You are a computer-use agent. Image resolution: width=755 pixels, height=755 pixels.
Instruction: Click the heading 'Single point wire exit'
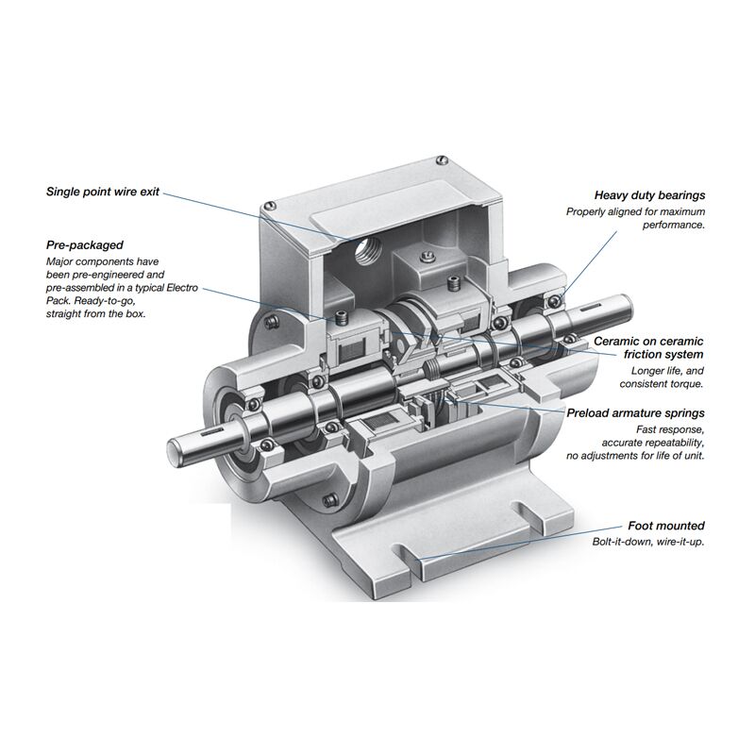(x=103, y=192)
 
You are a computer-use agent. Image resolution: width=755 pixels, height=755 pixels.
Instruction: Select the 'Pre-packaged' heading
(x=85, y=245)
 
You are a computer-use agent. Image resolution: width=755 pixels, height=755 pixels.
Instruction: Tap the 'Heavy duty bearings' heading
(x=649, y=195)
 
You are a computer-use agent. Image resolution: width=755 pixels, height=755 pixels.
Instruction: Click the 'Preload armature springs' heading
(x=635, y=413)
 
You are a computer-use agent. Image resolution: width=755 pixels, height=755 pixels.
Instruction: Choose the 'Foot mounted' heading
(x=666, y=526)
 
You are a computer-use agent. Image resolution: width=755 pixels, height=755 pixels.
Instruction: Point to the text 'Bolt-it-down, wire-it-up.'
(x=648, y=542)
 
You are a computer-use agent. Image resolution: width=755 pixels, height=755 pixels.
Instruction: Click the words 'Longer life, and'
(x=667, y=371)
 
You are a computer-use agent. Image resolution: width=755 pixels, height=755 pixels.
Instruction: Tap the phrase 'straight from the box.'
(x=95, y=314)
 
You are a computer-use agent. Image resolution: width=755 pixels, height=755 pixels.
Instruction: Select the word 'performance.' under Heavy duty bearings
(x=674, y=225)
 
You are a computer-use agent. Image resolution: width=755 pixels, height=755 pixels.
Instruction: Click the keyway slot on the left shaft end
(x=210, y=434)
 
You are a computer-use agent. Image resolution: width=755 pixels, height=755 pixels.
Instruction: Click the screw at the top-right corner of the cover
(x=441, y=159)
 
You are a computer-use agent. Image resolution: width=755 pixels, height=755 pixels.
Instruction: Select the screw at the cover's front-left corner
(x=270, y=205)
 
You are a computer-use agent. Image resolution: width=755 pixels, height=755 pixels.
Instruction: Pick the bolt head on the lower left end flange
(x=329, y=500)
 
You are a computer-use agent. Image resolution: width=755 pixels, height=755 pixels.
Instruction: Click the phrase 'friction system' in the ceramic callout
(x=663, y=355)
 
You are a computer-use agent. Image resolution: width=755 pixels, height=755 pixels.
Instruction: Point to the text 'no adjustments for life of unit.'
(x=635, y=456)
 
